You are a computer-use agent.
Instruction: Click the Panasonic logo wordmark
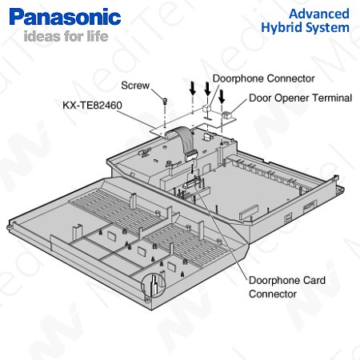coord(65,17)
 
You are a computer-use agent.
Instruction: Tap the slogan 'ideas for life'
coord(66,36)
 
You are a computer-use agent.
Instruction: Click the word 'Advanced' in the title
coord(319,14)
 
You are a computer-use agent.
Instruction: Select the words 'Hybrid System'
coord(305,28)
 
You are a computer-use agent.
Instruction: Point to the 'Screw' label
coord(135,86)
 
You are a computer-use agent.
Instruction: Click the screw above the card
coord(165,102)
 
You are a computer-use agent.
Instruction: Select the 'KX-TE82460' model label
coord(92,106)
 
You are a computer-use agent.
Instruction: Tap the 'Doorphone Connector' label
coord(263,78)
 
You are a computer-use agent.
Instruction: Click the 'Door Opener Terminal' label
coord(300,98)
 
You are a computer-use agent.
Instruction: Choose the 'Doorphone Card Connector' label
coord(287,287)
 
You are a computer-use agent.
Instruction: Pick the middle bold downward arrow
coord(207,89)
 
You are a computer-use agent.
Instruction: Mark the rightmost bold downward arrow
coord(222,96)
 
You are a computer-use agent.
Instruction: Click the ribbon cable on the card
coord(184,142)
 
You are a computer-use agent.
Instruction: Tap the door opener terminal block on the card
coord(227,115)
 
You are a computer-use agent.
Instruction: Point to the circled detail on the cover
coord(153,285)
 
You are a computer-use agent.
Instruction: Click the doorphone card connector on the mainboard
coord(191,183)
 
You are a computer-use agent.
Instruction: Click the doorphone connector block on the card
coord(206,109)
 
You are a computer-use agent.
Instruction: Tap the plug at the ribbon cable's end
coord(191,157)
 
